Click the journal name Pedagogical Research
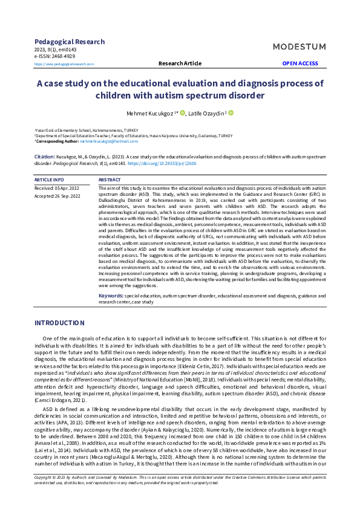click(69, 42)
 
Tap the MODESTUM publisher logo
click(298, 47)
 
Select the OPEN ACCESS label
click(299, 63)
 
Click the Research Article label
click(180, 63)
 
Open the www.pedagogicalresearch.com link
click(64, 63)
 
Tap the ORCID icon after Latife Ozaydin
click(231, 112)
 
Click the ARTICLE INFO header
click(48, 180)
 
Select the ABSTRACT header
click(109, 180)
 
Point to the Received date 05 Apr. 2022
click(57, 189)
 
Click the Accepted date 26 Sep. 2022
click(57, 196)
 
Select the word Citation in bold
click(44, 156)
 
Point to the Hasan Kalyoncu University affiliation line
click(133, 136)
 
